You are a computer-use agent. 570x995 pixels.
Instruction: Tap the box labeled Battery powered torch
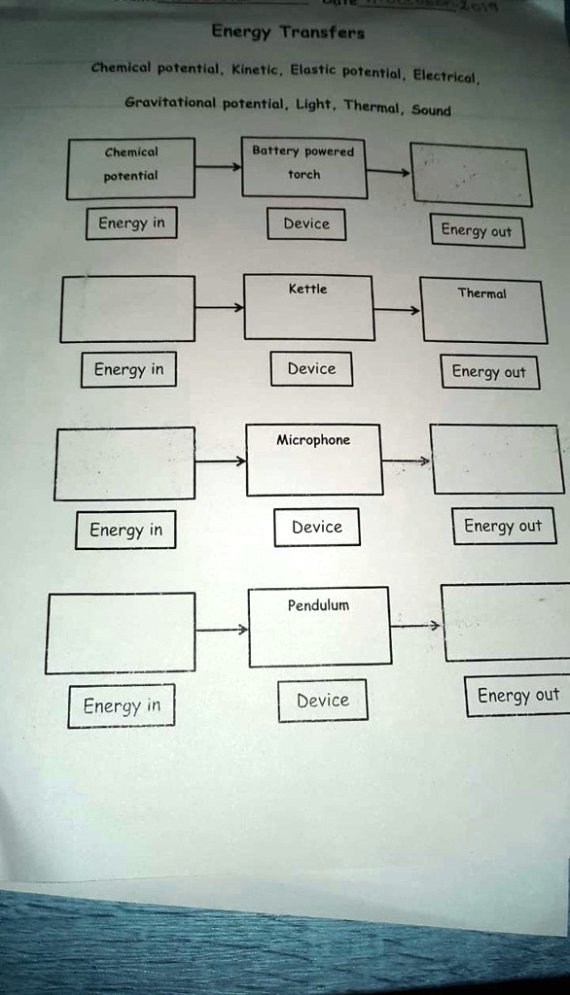pos(303,167)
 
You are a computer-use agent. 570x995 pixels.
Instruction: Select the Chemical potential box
pos(130,168)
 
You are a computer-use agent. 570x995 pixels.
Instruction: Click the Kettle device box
pos(308,307)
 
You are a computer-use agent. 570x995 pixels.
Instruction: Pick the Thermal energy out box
pos(482,309)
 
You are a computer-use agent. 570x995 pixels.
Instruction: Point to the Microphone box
pos(313,460)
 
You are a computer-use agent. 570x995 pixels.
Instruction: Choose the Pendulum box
pos(319,627)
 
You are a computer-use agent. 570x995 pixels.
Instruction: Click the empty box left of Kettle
pos(127,309)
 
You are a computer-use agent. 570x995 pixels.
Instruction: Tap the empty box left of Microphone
pos(124,463)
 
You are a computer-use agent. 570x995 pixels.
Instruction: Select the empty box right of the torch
pos(471,174)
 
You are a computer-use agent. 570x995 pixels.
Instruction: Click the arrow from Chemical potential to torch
pos(218,167)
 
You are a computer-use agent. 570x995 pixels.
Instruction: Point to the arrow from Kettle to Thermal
pos(397,310)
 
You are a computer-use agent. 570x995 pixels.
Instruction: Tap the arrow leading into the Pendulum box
pos(221,630)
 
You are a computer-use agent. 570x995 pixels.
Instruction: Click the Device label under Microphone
pos(317,527)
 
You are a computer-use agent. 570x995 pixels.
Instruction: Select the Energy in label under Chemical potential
pos(131,223)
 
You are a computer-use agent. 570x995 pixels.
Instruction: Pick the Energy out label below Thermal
pos(488,372)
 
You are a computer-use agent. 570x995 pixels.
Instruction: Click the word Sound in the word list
pos(431,110)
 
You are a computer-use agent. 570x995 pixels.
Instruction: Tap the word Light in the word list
pos(314,102)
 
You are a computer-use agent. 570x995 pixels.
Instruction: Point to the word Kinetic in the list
pos(255,70)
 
